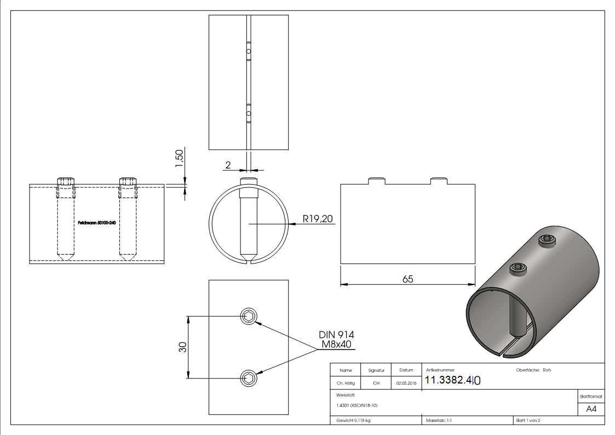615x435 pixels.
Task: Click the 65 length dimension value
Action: (407, 279)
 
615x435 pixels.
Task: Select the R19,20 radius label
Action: (318, 219)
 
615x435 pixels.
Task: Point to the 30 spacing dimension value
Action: (183, 347)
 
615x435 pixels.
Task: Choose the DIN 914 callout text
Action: (336, 335)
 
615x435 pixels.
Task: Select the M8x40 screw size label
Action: (336, 345)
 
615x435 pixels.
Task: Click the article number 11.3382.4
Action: (452, 380)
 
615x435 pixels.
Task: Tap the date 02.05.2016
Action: (406, 383)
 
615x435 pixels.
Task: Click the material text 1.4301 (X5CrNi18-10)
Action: (357, 406)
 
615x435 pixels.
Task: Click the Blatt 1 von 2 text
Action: (528, 420)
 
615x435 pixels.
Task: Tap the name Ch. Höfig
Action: (345, 383)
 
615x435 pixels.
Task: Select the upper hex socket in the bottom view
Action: (249, 316)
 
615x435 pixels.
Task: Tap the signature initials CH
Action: (376, 383)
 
